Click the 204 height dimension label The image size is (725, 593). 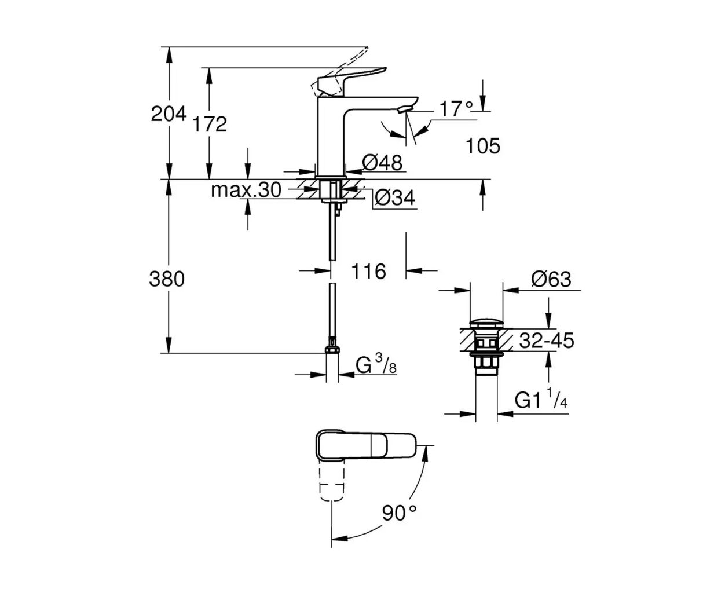(169, 114)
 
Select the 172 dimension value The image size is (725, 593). (210, 123)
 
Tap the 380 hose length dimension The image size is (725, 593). (167, 279)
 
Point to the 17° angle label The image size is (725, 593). (456, 108)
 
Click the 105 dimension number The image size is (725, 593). (483, 147)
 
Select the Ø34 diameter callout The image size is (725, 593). (396, 199)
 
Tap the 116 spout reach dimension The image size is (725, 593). (369, 270)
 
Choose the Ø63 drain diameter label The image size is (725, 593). (551, 280)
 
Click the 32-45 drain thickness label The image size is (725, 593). (547, 341)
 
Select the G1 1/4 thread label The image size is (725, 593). (541, 401)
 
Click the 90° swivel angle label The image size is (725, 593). (399, 512)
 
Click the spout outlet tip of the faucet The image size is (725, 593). (405, 108)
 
